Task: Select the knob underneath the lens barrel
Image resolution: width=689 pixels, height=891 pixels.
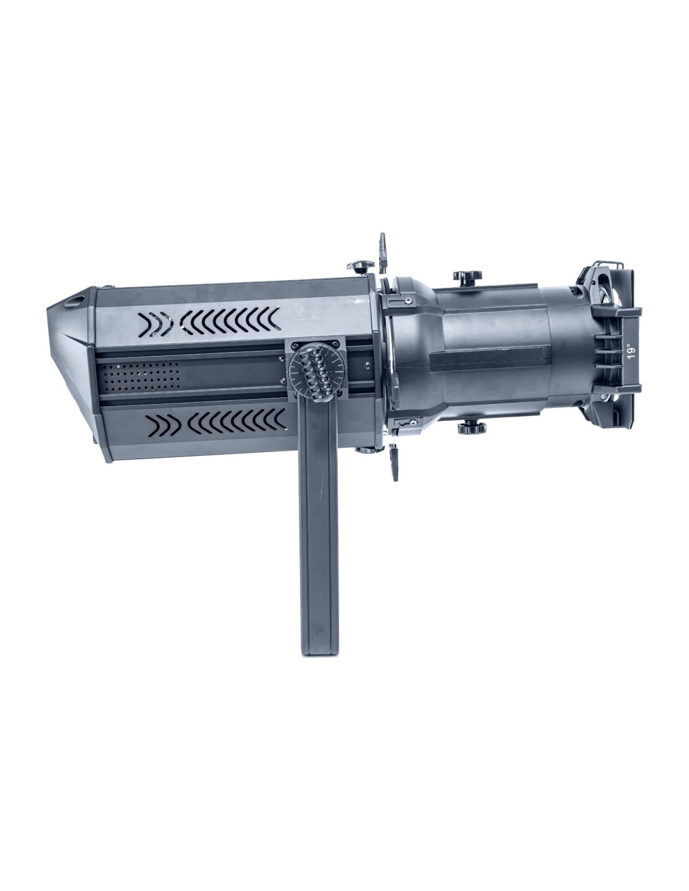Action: click(x=472, y=428)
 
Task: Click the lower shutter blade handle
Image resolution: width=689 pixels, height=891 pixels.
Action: click(x=395, y=462)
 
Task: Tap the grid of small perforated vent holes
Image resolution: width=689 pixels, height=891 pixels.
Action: click(x=141, y=376)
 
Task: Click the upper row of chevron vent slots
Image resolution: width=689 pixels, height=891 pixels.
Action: click(x=209, y=321)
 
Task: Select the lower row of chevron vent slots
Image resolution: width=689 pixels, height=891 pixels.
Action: click(x=216, y=424)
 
